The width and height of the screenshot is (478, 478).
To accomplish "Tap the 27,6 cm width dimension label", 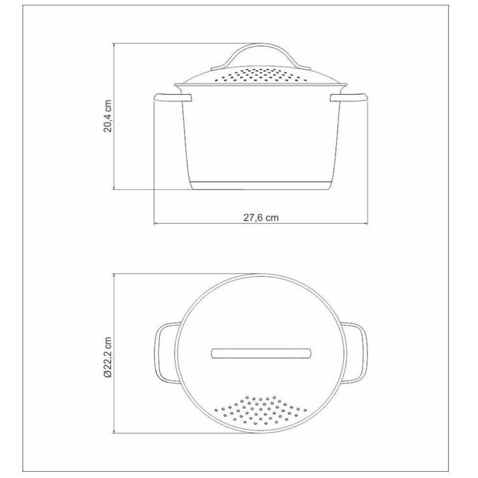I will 261,217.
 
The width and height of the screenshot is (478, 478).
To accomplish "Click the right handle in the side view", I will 349,98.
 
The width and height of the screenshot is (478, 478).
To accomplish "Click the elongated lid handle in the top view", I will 261,353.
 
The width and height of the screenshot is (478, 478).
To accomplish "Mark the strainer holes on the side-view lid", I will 261,74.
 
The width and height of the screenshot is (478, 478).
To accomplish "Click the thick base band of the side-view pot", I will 261,185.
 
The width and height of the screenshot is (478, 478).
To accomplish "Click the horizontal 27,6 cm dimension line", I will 215,224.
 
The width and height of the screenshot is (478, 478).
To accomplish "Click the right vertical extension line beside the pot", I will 368,163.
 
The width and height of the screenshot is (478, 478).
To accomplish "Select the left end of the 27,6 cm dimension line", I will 154,224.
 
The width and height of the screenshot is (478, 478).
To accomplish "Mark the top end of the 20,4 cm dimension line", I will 115,43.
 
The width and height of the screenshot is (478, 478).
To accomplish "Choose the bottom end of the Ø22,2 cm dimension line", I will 115,433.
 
